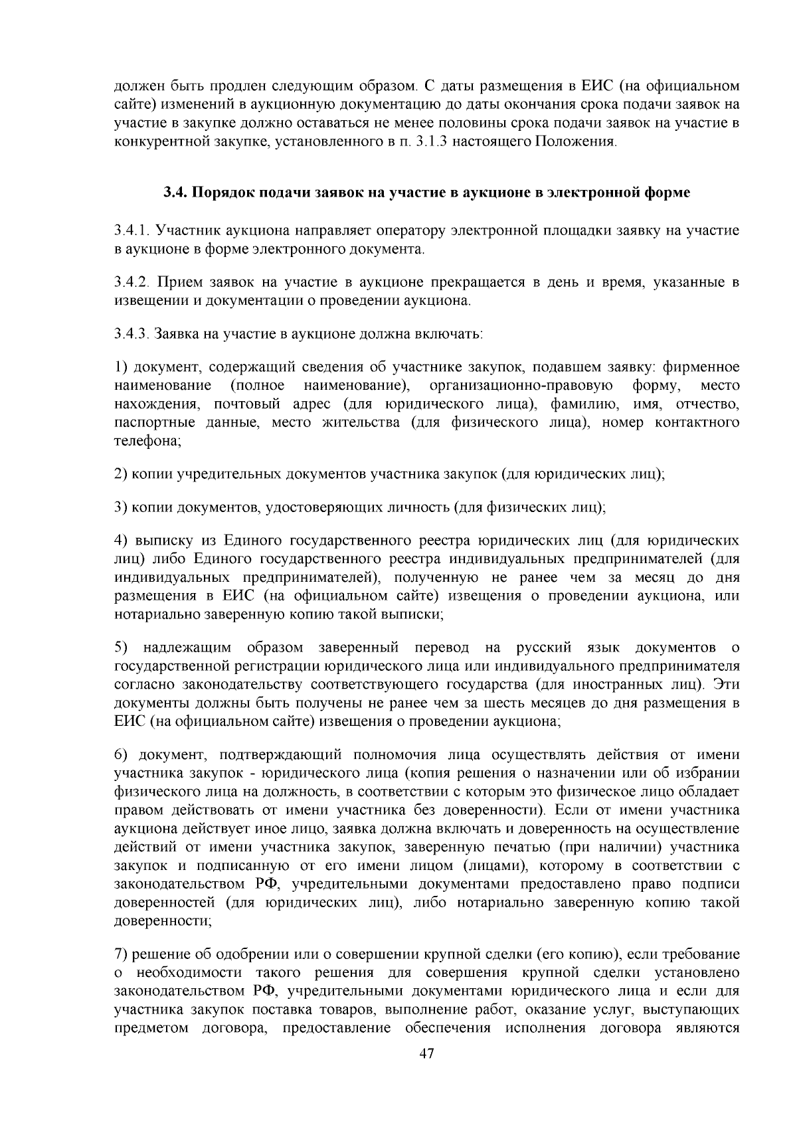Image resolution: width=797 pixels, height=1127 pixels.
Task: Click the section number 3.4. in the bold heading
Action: (x=176, y=193)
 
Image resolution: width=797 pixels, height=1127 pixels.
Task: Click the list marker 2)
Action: (x=121, y=474)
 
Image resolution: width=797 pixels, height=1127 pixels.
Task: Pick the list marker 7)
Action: (x=121, y=954)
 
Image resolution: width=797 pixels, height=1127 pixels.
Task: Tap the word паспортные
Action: (x=148, y=423)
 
